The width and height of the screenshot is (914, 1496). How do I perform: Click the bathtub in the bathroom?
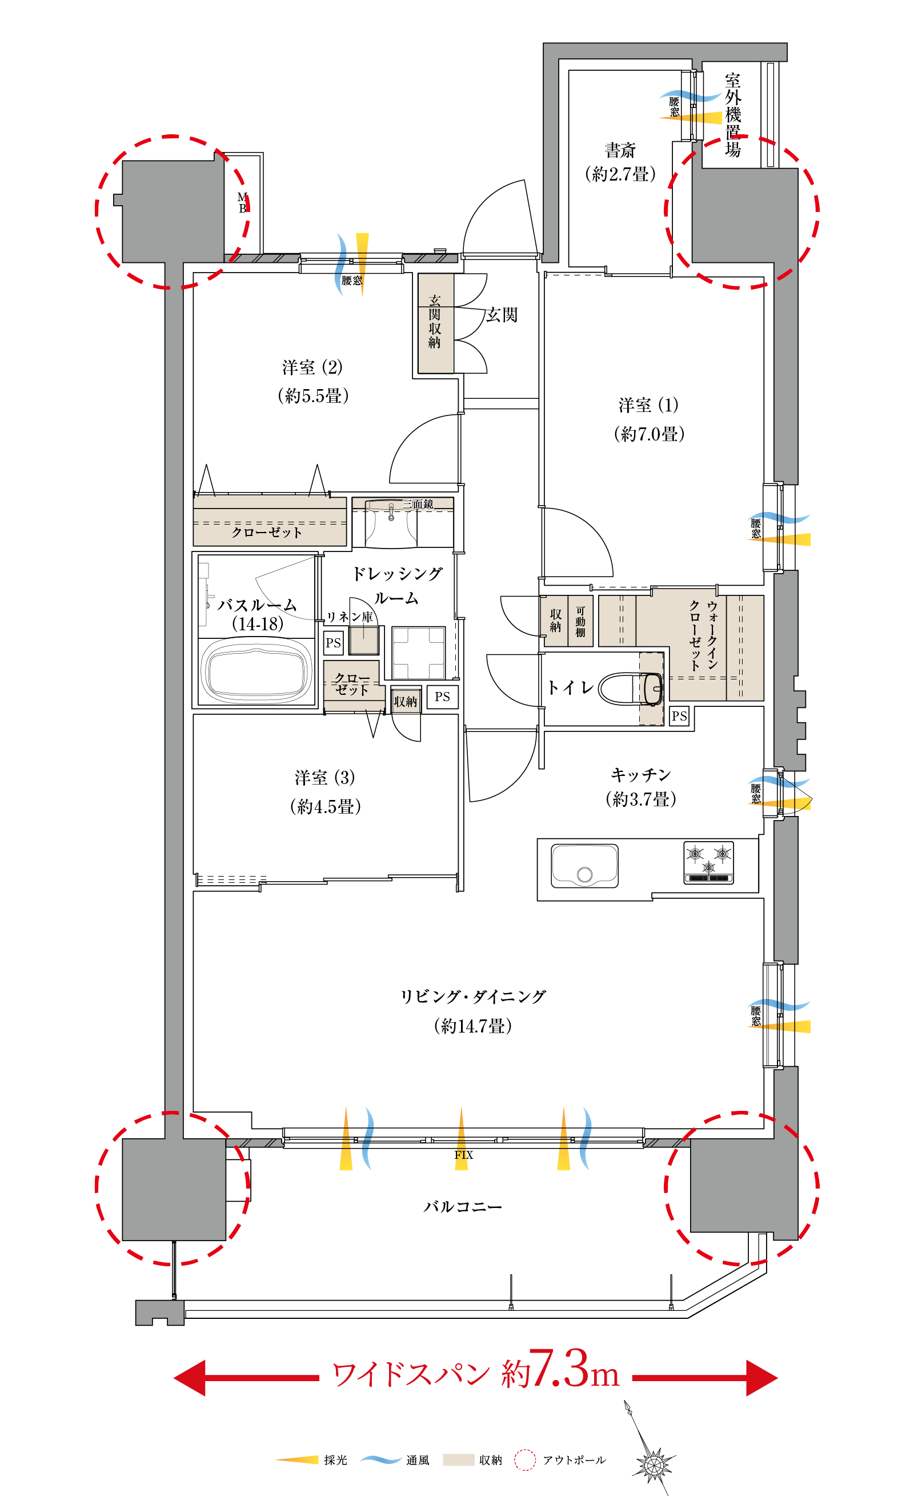256,671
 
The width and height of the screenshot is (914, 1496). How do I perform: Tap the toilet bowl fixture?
631,689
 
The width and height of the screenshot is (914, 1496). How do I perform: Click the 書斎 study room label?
620,150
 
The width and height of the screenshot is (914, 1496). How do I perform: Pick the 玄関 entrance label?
502,314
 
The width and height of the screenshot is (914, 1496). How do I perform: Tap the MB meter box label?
242,203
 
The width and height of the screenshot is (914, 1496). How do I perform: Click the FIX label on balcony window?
464,1155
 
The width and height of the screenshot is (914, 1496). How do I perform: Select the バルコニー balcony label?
463,1206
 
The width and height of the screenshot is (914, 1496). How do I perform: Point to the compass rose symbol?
653,1463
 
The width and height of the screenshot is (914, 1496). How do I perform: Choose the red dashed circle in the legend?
525,1460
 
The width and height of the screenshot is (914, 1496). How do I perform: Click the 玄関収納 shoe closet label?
435,322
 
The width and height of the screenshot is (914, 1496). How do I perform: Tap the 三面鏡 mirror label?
418,504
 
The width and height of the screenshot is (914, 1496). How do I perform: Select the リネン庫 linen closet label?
350,617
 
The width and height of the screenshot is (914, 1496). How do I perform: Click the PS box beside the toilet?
679,717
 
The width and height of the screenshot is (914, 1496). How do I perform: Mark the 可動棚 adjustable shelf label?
580,622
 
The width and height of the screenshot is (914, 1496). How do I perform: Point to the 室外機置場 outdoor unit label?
732,115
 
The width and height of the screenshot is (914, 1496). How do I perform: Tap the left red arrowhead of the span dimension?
189,1378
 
